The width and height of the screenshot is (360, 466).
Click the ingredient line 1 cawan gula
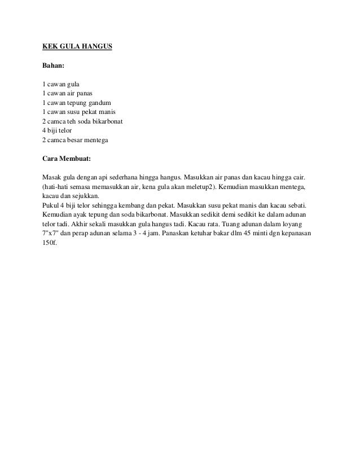pyautogui.click(x=62, y=85)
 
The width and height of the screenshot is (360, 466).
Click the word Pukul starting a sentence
pyautogui.click(x=52, y=204)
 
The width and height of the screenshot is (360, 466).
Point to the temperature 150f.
pyautogui.click(x=51, y=242)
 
